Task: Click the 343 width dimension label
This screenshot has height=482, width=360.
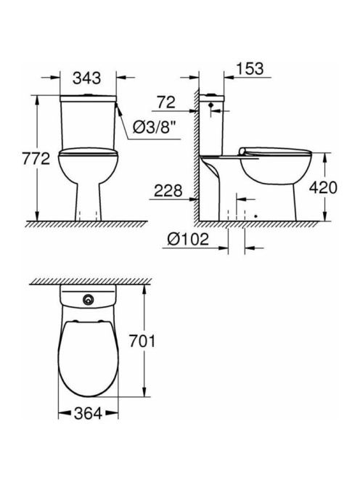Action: pos(86,78)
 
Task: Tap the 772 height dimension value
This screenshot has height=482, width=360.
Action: pos(36,159)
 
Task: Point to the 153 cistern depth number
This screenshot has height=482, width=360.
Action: pos(250,69)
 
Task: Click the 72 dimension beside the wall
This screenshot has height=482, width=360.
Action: pos(166,102)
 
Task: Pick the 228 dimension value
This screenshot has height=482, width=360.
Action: pos(168,191)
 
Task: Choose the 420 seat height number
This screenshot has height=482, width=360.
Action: pos(323,187)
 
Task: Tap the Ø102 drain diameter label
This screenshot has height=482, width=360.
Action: pos(188,239)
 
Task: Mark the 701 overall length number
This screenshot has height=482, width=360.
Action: pos(142,341)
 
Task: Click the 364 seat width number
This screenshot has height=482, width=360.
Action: pos(88,414)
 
